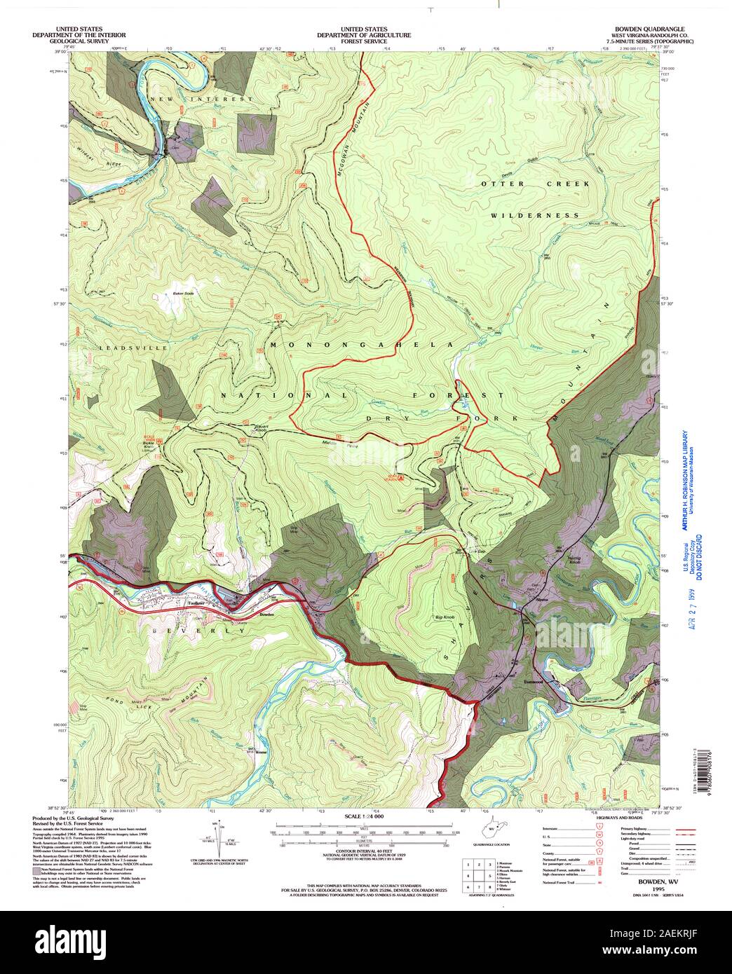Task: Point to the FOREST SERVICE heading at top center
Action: click(x=364, y=41)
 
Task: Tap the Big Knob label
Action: click(x=441, y=618)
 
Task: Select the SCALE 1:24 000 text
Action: click(x=364, y=817)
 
